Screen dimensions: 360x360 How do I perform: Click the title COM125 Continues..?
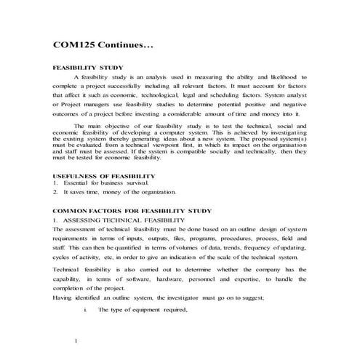pyautogui.click(x=103, y=46)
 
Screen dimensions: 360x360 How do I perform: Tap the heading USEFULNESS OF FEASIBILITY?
pyautogui.click(x=104, y=176)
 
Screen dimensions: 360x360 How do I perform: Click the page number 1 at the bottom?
pyautogui.click(x=76, y=340)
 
